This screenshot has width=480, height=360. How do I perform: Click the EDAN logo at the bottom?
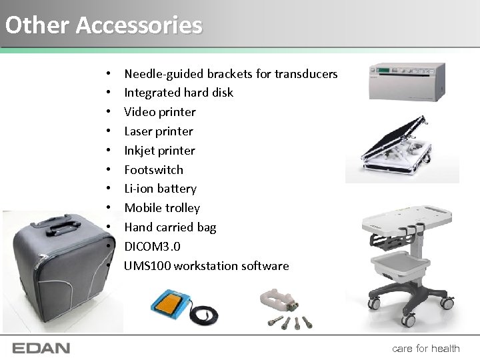coord(41,348)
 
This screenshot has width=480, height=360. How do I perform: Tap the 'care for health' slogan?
coord(425,348)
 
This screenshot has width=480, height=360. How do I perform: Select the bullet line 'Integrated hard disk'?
coord(179,93)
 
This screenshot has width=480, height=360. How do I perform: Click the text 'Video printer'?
coord(160,112)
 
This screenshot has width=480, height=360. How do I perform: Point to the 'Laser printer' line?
coord(159,131)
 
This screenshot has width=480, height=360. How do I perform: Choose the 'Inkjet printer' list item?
coord(159,151)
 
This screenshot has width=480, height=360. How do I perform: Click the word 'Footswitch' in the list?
coord(153,170)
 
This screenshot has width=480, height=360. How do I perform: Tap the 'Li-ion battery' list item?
coord(160,189)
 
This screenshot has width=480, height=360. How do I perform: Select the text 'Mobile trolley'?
coord(162,208)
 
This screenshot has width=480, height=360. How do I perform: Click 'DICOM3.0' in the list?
coord(152,247)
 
